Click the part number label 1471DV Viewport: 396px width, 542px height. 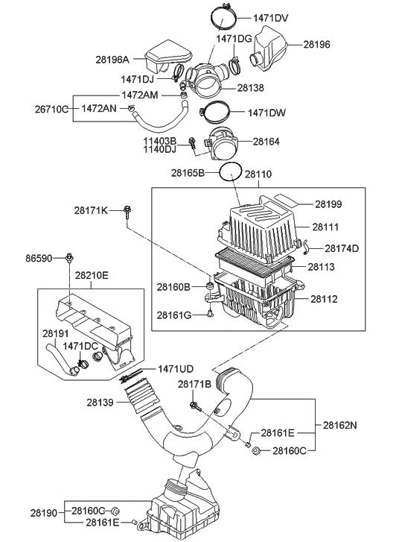(275, 16)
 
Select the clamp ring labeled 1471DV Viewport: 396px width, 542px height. (221, 14)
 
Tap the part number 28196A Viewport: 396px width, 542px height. (112, 60)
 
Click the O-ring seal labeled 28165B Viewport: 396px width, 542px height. (231, 172)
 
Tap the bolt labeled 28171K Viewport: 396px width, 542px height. (128, 212)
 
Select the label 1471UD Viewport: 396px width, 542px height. (176, 368)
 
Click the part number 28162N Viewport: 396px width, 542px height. (340, 425)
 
